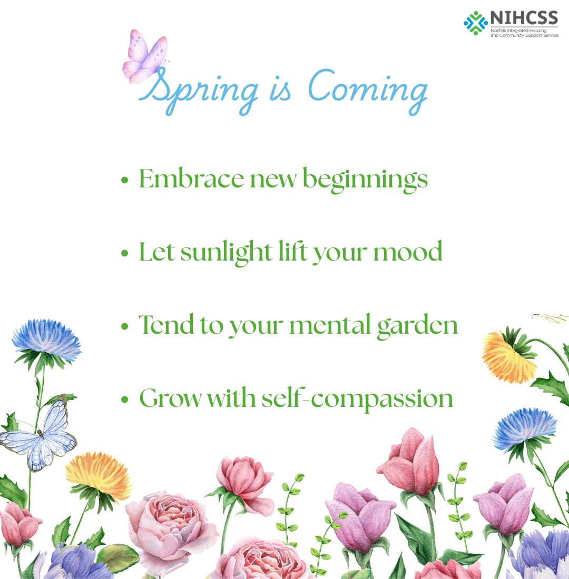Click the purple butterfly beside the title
pos(143,57)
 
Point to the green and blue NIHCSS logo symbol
pos(475,23)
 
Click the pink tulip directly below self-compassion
pos(408,461)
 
